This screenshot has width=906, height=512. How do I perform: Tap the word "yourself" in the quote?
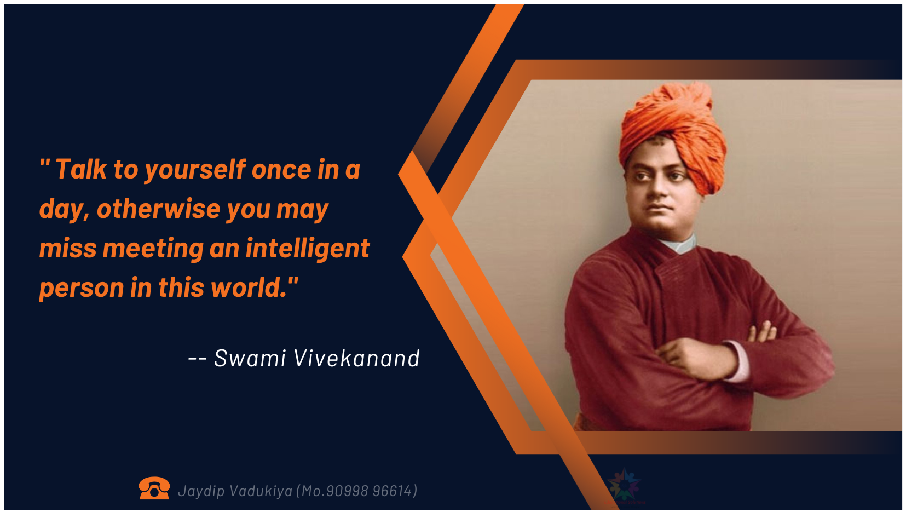tap(195, 170)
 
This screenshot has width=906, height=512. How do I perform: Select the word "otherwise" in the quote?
tap(158, 209)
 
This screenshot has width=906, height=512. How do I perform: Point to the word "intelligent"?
tap(308, 248)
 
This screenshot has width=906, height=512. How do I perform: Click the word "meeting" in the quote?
tap(153, 249)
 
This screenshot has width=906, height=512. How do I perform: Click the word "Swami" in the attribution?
tap(250, 358)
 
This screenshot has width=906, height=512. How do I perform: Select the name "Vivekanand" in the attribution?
tap(357, 358)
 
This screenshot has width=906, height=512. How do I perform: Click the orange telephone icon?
tap(154, 488)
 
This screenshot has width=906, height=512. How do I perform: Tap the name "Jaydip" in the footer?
tap(201, 491)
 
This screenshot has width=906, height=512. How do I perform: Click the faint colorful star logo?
tap(624, 485)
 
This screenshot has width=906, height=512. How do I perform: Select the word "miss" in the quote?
tap(67, 248)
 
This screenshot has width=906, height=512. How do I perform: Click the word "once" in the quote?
tap(281, 170)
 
